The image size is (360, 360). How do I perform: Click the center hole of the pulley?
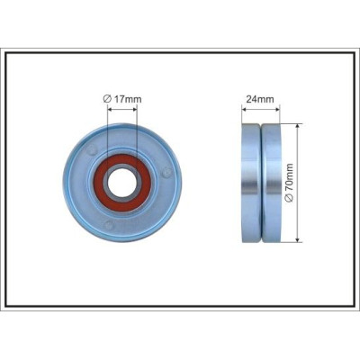[x=121, y=183]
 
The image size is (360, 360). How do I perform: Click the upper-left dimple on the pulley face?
[x=92, y=149]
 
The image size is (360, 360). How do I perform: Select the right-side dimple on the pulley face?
[x=166, y=173]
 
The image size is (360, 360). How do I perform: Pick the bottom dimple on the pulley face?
[x=109, y=225]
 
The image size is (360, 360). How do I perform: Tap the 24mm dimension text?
[x=260, y=99]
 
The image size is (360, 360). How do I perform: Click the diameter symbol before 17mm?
[x=108, y=99]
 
